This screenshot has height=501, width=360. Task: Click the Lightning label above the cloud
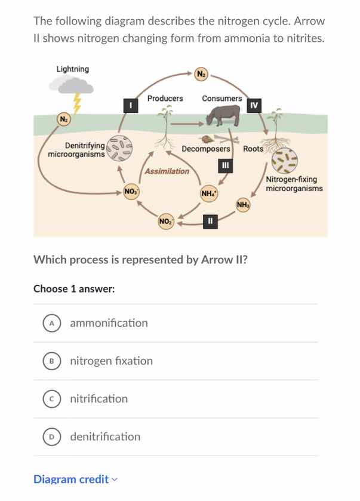72,69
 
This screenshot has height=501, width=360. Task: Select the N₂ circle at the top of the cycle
201,73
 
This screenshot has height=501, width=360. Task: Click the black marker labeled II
209,222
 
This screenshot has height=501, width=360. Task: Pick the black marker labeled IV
254,106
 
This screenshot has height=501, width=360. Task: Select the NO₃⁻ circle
130,192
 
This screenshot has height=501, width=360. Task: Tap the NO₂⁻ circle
166,222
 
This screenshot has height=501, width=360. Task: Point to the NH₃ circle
242,205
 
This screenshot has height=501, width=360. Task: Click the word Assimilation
167,171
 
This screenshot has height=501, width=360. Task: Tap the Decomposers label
205,149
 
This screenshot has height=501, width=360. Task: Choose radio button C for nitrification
52,399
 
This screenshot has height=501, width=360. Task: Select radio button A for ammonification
52,323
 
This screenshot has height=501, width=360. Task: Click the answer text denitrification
105,437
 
